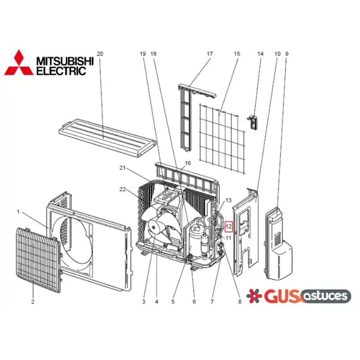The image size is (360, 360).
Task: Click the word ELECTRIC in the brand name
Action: click(x=61, y=71)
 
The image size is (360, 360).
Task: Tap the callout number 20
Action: click(x=100, y=54)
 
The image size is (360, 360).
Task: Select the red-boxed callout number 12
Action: click(x=229, y=227)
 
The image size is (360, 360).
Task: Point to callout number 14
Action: click(x=260, y=54)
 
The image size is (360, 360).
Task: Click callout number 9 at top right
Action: click(x=287, y=54)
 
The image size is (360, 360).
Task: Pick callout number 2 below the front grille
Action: click(x=32, y=301)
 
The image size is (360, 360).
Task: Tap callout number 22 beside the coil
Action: click(x=122, y=189)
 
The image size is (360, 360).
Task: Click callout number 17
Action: click(x=210, y=54)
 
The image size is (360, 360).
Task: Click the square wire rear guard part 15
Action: click(x=222, y=139)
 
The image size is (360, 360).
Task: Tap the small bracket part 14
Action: click(x=253, y=123)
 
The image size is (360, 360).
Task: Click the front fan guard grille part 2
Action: click(x=39, y=260)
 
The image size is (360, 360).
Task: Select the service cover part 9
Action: click(x=279, y=243)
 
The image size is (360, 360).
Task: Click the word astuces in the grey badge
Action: click(x=326, y=296)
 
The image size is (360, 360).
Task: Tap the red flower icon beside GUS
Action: click(x=254, y=296)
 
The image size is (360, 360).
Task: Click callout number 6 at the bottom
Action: click(x=194, y=301)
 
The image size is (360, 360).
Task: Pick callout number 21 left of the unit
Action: click(x=122, y=168)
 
